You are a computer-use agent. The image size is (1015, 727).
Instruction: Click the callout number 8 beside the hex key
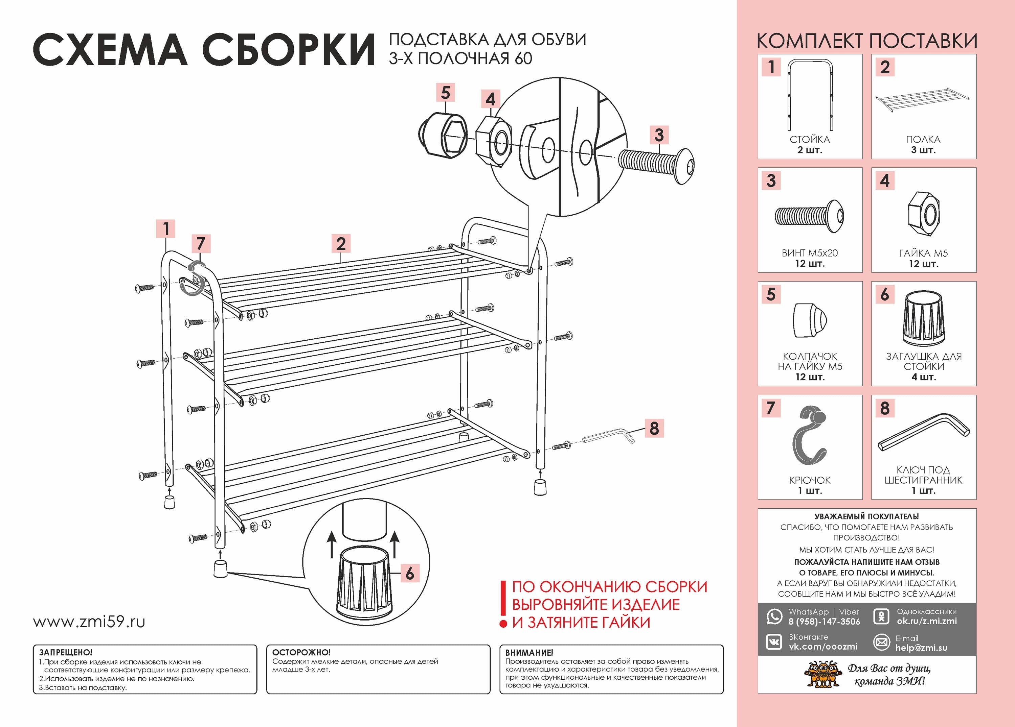(x=654, y=428)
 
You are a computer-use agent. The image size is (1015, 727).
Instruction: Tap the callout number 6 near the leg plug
(x=409, y=573)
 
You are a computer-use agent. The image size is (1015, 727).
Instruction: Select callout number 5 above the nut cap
(x=445, y=93)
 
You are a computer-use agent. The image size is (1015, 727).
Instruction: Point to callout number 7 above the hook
(x=201, y=244)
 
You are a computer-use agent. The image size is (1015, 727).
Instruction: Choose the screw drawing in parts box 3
(x=809, y=216)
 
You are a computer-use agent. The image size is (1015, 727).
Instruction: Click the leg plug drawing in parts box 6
(x=923, y=318)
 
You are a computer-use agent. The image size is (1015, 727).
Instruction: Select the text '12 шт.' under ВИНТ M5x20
(x=810, y=263)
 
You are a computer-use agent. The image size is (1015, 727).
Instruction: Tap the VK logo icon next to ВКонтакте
(x=774, y=642)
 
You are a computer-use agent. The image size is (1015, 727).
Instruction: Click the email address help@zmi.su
(x=921, y=648)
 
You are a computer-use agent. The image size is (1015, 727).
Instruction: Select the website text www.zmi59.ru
(x=89, y=622)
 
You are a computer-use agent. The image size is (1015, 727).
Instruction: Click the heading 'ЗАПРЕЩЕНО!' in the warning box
(x=66, y=652)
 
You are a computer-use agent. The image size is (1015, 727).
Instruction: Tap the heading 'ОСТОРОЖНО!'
(x=301, y=652)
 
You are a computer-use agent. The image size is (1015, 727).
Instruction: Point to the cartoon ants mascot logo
(x=822, y=675)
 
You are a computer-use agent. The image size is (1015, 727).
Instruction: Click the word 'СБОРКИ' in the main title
(x=289, y=50)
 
